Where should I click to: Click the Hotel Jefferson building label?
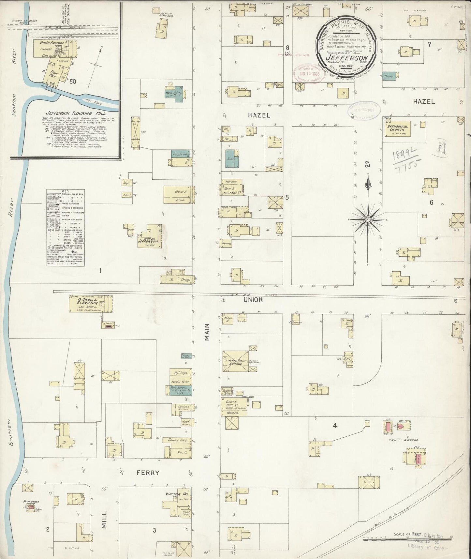150,239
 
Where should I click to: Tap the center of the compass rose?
368,220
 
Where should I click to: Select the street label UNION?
253,300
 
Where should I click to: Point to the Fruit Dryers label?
403,440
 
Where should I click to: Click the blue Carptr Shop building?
181,155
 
